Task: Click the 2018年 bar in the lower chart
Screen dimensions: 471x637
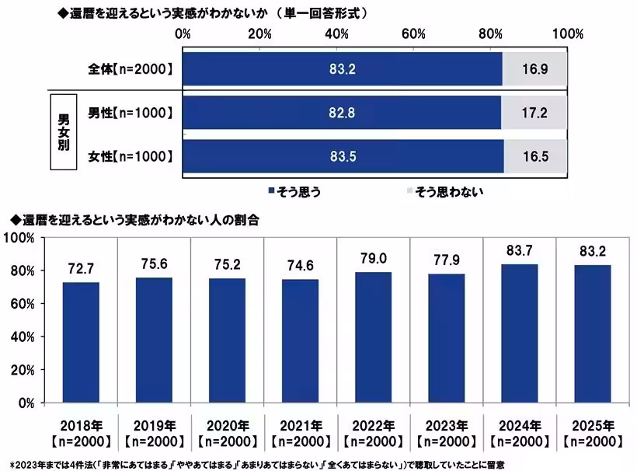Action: (81, 342)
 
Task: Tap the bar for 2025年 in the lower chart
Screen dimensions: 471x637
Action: (592, 333)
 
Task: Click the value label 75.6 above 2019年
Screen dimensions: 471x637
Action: (154, 264)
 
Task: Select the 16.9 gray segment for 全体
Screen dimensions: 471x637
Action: (535, 69)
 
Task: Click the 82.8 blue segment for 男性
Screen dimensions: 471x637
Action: (343, 113)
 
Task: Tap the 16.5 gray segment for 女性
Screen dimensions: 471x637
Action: (535, 156)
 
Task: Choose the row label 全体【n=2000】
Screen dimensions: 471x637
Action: (130, 69)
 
